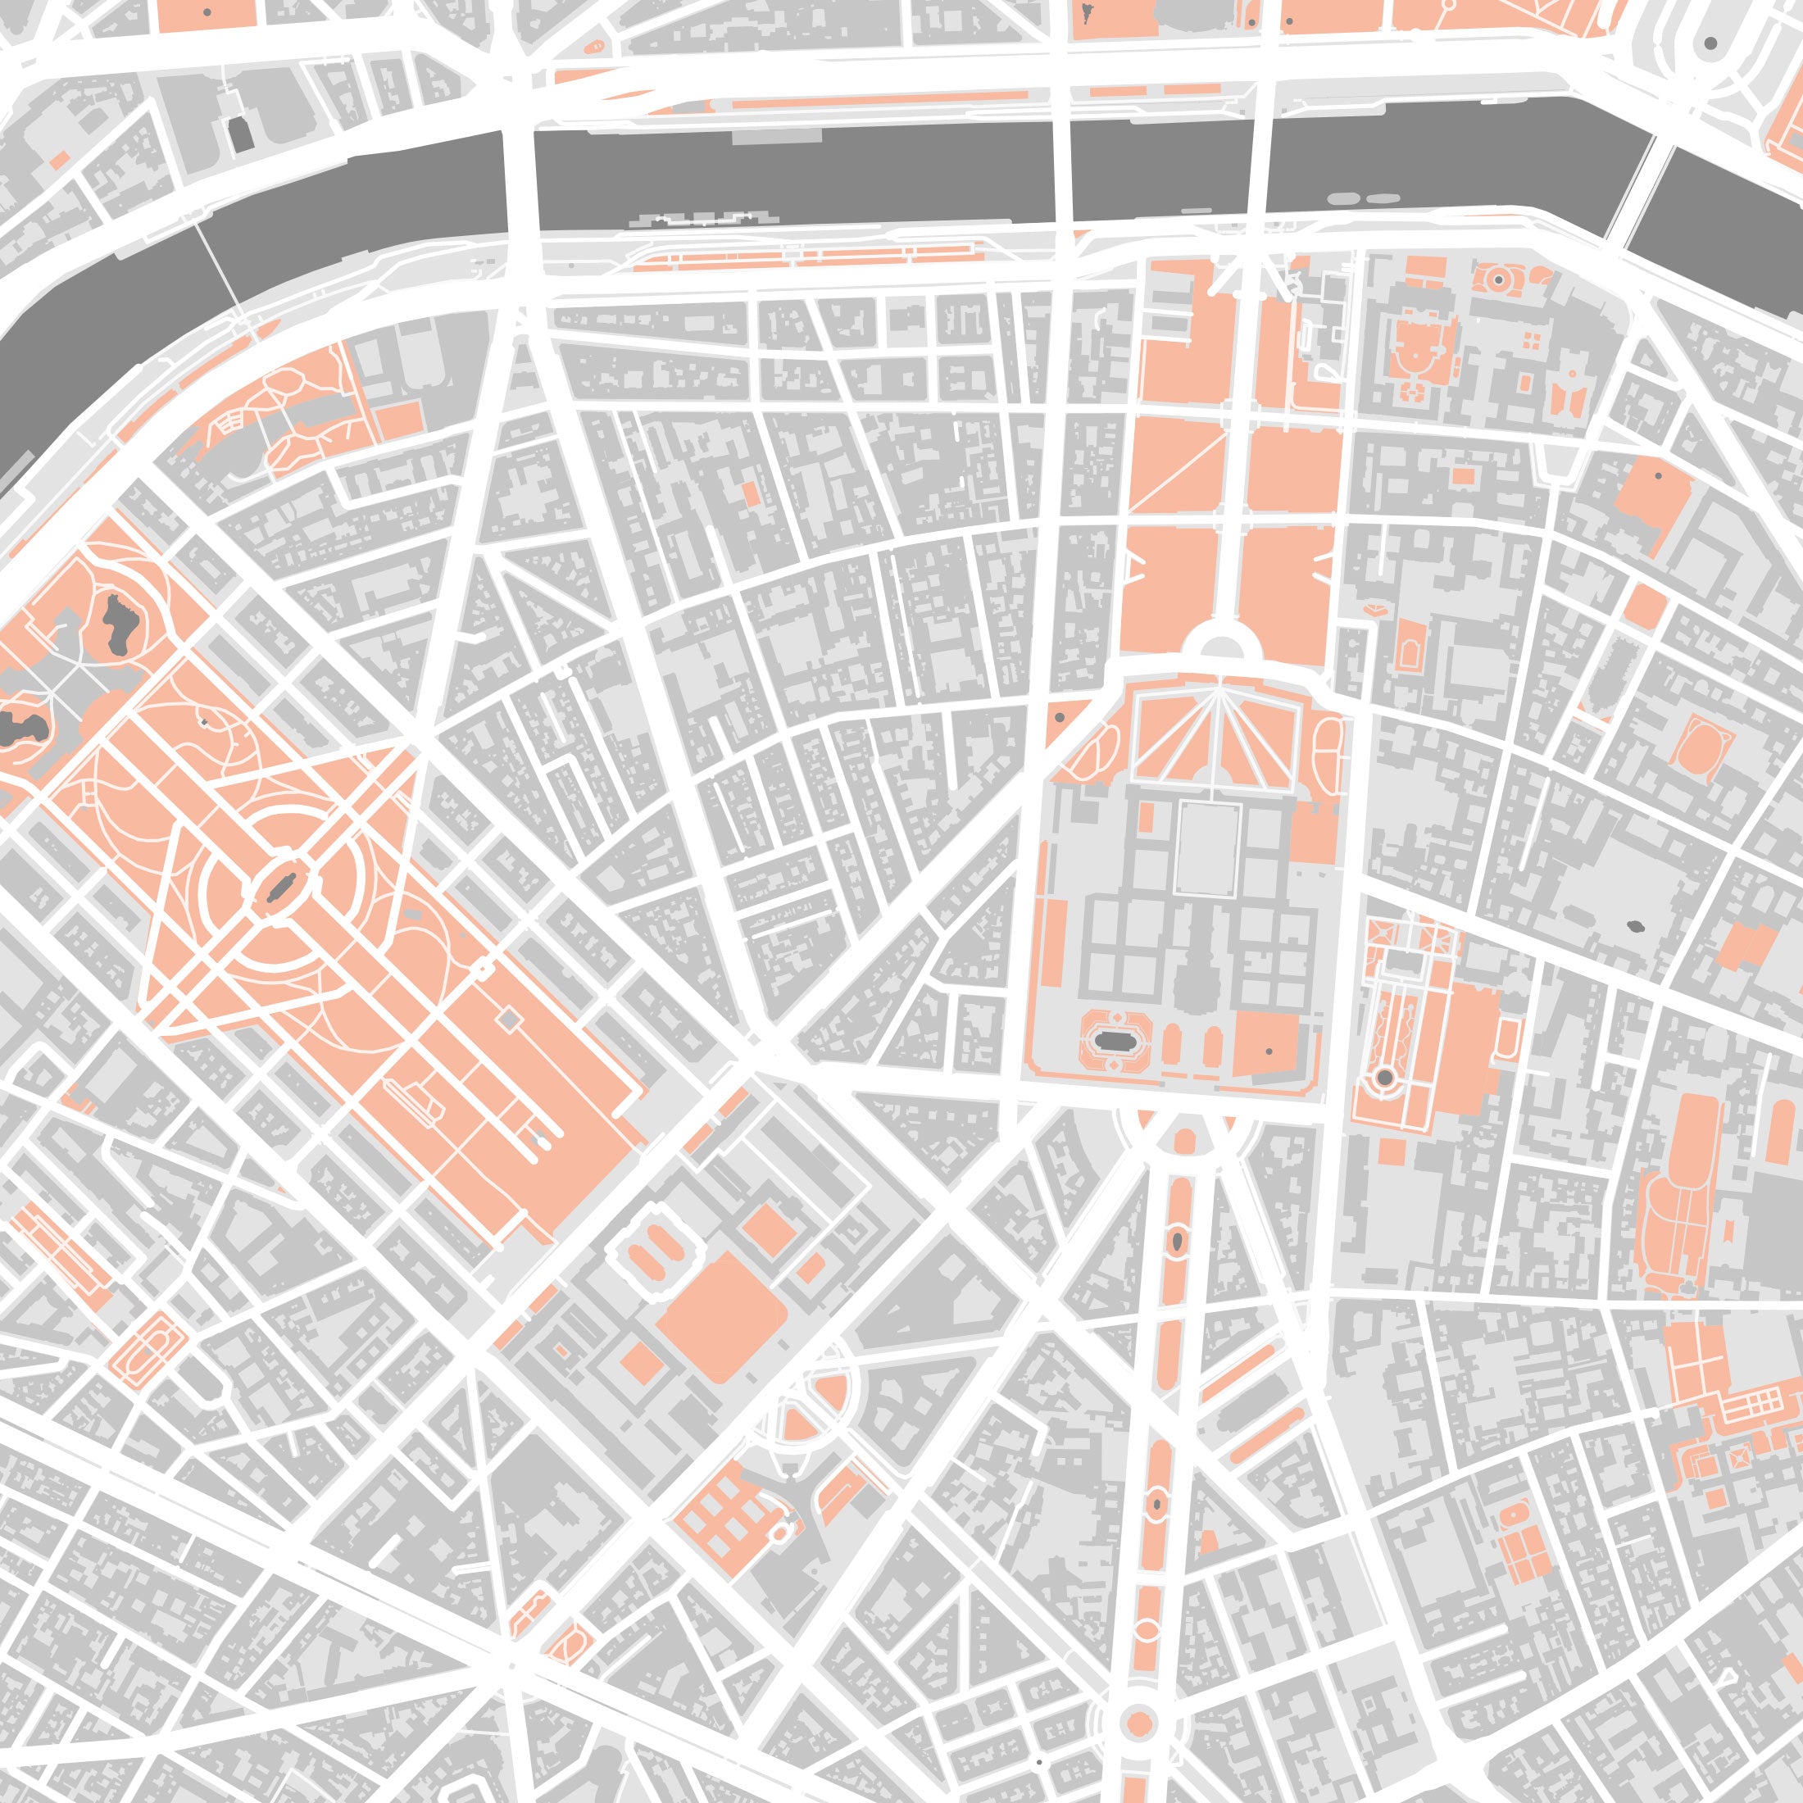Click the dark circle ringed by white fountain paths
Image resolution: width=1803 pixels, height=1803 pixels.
click(1385, 1078)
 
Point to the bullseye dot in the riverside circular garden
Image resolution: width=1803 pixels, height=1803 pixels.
click(1498, 279)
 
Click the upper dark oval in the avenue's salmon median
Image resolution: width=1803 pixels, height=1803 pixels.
click(1178, 1240)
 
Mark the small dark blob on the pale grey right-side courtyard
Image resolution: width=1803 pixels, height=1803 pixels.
click(1635, 927)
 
